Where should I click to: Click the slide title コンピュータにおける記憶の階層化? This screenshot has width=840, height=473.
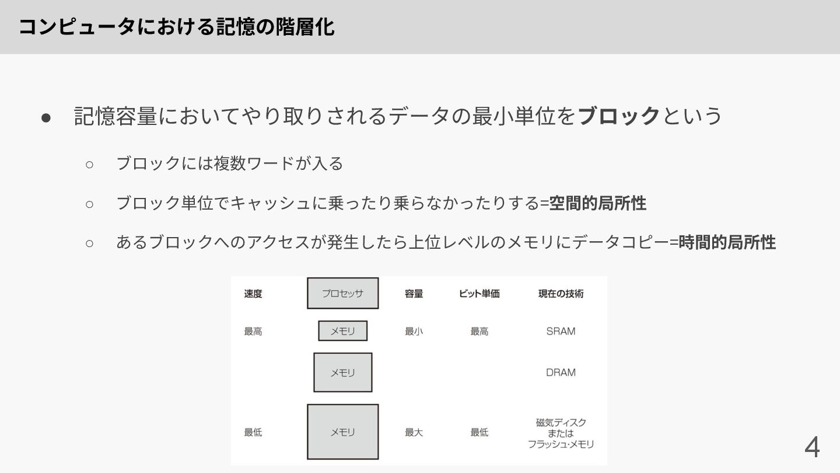(x=177, y=27)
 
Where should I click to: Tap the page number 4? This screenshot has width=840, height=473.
(x=812, y=448)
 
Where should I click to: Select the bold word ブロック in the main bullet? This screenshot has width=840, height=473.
(x=619, y=116)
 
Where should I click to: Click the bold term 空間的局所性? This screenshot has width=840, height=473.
(x=598, y=203)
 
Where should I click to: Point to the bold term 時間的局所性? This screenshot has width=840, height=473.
(x=727, y=242)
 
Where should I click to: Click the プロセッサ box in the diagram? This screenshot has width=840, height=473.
(x=343, y=293)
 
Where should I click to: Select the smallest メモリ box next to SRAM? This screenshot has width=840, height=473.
(x=343, y=331)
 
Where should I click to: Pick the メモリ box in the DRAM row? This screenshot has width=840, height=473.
(x=343, y=373)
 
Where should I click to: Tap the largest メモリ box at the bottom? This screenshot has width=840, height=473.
(x=343, y=432)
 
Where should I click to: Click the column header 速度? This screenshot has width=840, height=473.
(x=253, y=294)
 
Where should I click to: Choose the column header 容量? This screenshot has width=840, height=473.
(x=414, y=294)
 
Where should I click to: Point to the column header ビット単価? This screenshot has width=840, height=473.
(x=479, y=294)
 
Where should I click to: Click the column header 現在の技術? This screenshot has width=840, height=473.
(x=561, y=294)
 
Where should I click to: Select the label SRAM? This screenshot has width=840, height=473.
(x=561, y=331)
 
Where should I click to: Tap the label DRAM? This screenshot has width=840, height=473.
(x=561, y=373)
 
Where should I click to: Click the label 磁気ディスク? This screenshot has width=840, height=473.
(x=561, y=422)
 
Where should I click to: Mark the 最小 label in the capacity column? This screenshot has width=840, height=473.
(x=414, y=331)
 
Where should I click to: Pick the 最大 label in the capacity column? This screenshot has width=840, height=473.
(x=414, y=433)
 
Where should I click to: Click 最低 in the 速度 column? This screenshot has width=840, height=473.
(x=253, y=433)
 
